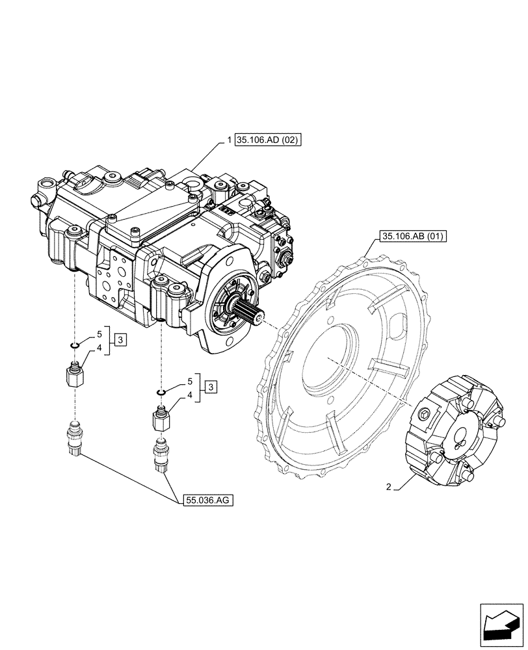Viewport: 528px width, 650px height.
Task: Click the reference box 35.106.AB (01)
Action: pyautogui.click(x=411, y=237)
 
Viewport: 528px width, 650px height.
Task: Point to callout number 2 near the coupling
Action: pyautogui.click(x=388, y=486)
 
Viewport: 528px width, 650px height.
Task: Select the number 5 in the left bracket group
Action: pyautogui.click(x=99, y=333)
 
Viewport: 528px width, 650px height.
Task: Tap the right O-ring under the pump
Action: pyautogui.click(x=160, y=392)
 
